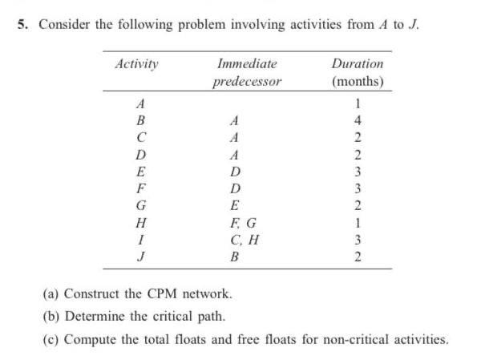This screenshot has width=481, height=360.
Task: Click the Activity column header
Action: [136, 63]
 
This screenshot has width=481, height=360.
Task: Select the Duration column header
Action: [357, 63]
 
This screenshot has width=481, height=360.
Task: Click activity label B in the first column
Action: [142, 120]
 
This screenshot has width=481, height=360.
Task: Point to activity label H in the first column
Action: [142, 222]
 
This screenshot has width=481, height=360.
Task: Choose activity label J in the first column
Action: [142, 257]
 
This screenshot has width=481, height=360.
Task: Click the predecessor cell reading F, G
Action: [243, 222]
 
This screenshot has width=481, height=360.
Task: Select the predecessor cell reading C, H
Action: [243, 239]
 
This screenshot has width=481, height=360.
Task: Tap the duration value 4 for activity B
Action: [358, 120]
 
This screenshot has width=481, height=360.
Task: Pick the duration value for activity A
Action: [358, 103]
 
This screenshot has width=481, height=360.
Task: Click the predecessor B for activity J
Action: [235, 257]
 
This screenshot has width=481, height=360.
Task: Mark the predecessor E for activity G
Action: [235, 205]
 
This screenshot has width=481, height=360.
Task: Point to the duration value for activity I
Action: [358, 239]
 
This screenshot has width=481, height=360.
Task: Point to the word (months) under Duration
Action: [357, 82]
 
